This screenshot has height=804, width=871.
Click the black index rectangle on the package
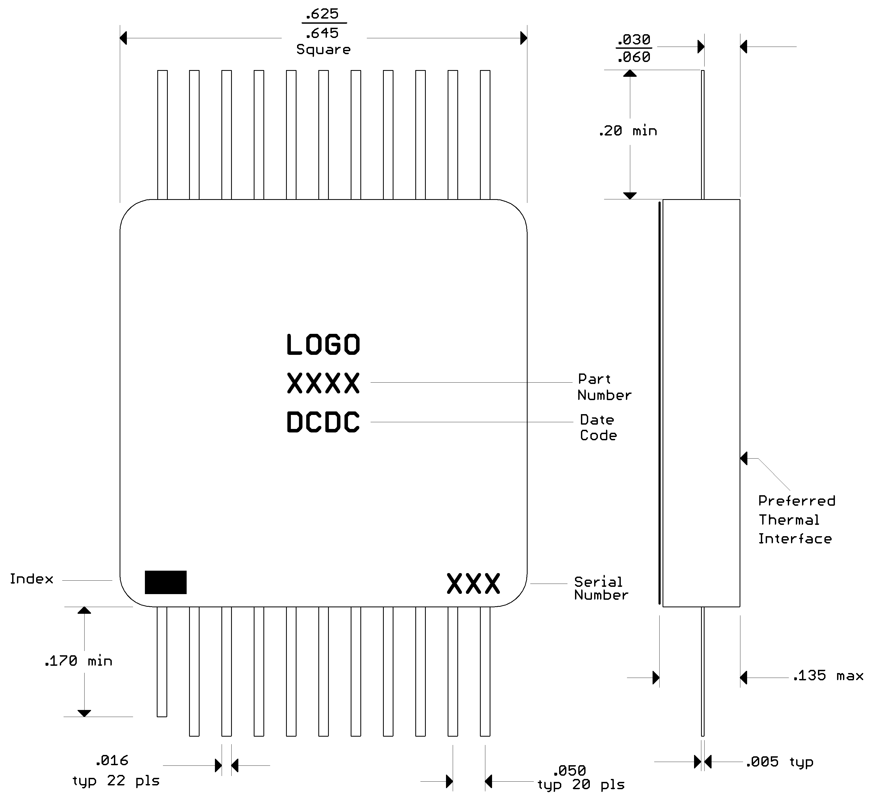[x=165, y=582]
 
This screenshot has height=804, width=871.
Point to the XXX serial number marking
[x=473, y=583]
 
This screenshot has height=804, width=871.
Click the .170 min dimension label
[x=78, y=661]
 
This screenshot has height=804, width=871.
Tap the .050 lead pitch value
[x=569, y=771]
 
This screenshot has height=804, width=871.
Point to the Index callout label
[x=31, y=579]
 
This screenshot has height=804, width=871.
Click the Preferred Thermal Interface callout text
[x=796, y=519]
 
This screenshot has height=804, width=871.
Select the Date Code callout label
[x=598, y=427]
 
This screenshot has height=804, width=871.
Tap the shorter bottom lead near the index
[x=162, y=661]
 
